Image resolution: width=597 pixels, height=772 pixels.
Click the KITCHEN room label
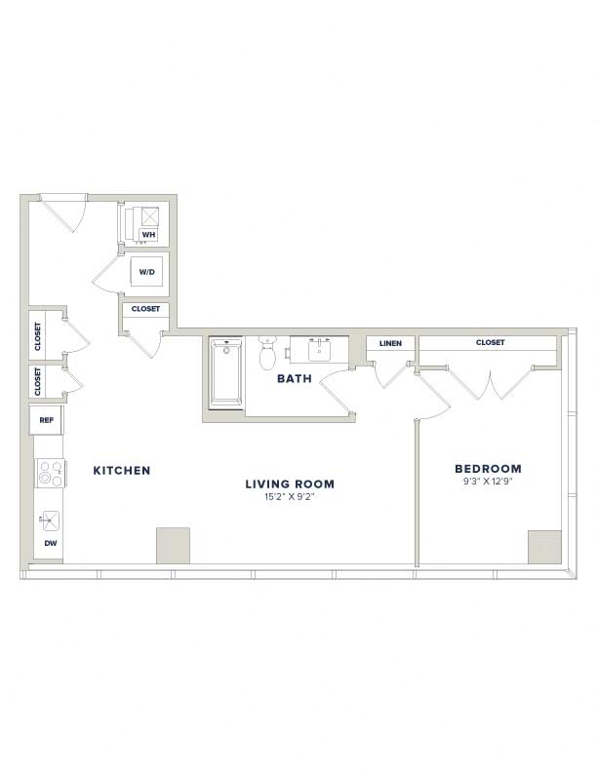click(x=122, y=470)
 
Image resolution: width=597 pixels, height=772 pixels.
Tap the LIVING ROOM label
click(x=290, y=484)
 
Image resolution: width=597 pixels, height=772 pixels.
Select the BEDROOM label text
click(x=488, y=469)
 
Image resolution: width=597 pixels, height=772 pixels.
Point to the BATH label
click(x=294, y=378)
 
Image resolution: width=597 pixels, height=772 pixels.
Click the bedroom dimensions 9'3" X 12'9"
click(x=487, y=482)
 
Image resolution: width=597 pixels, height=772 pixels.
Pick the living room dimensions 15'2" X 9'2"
click(x=290, y=497)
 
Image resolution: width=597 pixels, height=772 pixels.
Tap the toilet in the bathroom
click(x=267, y=353)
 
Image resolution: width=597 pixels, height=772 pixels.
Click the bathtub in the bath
click(x=226, y=373)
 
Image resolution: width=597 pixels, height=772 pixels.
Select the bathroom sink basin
click(x=319, y=350)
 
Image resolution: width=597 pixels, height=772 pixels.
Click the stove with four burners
click(x=51, y=473)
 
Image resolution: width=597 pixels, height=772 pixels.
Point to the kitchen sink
click(x=50, y=521)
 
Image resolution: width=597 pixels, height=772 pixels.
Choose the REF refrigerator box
click(x=46, y=420)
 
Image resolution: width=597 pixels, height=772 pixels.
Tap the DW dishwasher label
click(x=51, y=544)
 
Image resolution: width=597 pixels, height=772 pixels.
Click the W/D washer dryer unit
click(x=146, y=272)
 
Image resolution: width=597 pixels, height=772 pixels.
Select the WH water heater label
click(x=148, y=235)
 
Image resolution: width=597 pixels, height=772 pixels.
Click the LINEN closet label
click(x=390, y=343)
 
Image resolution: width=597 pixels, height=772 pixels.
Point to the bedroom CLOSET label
click(x=490, y=342)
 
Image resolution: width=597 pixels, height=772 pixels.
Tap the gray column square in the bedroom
click(x=544, y=547)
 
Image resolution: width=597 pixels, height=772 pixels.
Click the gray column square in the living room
click(x=173, y=546)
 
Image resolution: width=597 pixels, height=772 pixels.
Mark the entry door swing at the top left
click(x=69, y=213)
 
